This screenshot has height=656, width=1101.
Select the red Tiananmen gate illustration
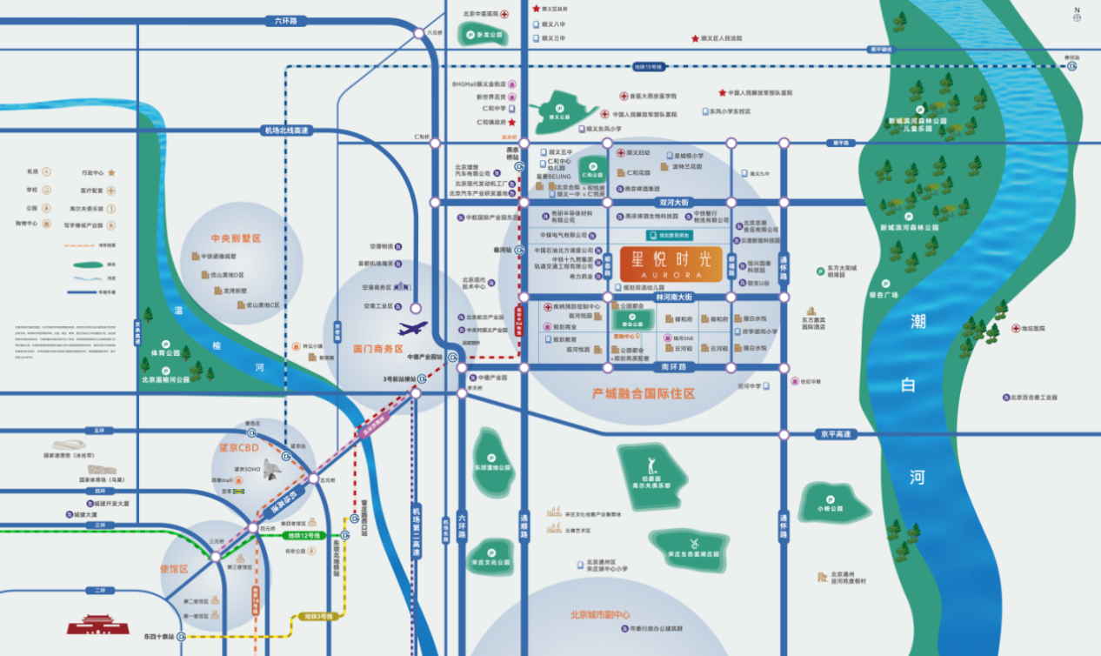pos(98,625)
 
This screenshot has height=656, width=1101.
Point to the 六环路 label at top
pos(285,21)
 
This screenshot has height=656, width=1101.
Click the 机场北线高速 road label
pos(287,131)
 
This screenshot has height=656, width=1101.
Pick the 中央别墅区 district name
pos(236,238)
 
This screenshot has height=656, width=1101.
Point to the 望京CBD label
pos(238,448)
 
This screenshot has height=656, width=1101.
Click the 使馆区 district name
pos(174,569)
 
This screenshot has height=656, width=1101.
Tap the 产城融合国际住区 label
pos(643,394)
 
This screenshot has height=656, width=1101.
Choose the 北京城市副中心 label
pos(600,614)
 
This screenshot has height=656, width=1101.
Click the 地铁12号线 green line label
pos(300,535)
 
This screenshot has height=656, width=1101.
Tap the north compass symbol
pos(1077,13)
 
